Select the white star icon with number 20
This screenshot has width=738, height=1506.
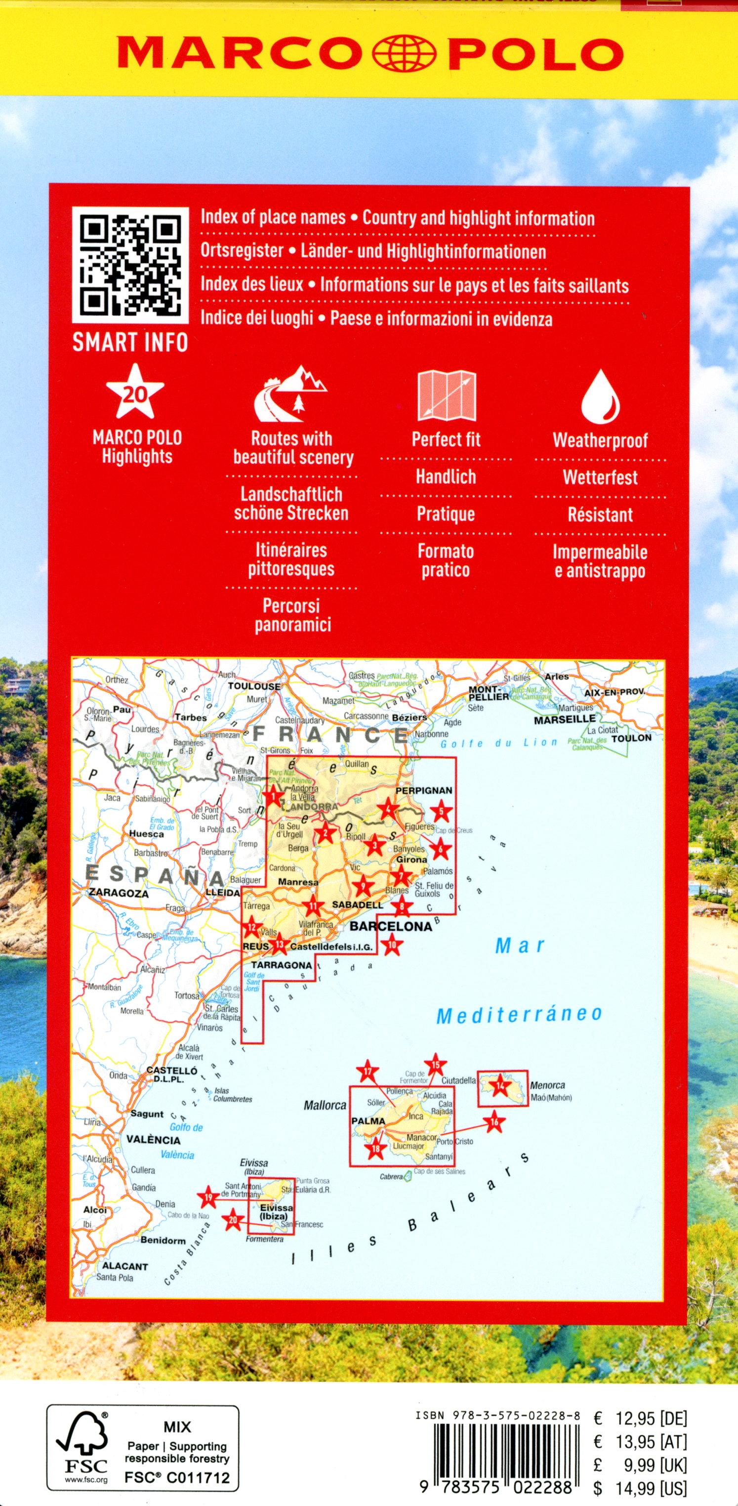(x=137, y=392)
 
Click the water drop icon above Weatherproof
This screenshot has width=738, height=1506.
(x=600, y=397)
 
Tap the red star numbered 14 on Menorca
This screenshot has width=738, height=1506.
(x=499, y=1087)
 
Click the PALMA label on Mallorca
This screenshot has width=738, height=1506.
(x=368, y=1121)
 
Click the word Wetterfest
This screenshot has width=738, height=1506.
(x=600, y=477)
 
